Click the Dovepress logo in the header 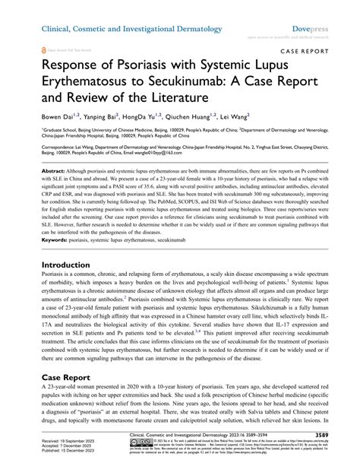click(315, 28)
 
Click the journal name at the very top click(131, 28)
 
